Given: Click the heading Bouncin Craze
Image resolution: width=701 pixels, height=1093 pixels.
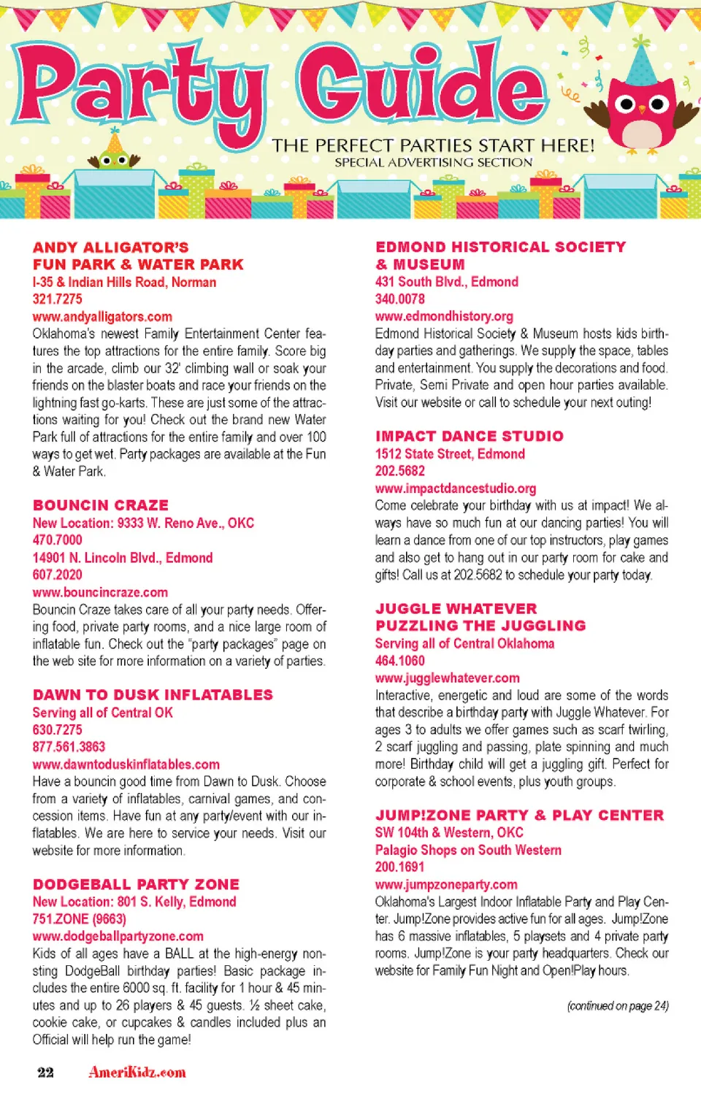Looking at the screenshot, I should (101, 505).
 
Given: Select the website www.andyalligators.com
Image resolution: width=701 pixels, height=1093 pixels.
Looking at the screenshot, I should (102, 316).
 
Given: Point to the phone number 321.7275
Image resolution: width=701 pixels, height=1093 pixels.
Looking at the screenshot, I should (57, 299).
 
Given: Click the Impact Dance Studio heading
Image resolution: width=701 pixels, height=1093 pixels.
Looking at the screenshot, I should (469, 436).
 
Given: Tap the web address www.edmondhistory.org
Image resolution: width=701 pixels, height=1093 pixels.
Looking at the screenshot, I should (444, 316).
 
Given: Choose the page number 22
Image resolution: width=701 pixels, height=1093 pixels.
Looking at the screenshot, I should (45, 1072).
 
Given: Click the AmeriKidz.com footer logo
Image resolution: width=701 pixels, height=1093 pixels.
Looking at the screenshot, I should (137, 1072).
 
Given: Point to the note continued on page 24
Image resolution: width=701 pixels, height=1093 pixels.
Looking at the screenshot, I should (618, 1005).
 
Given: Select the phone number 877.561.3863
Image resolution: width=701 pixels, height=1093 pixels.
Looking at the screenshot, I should (69, 746).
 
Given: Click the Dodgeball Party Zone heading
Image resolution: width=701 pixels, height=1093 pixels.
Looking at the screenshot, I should (136, 884).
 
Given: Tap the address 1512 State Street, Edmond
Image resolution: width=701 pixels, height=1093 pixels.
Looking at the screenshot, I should (450, 453).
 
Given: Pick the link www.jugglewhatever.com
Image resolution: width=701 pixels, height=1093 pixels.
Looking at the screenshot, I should (447, 678).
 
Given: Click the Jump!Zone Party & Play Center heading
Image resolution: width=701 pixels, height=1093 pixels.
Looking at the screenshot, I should (519, 815).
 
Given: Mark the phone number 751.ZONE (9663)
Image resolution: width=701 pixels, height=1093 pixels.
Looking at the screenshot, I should (79, 918).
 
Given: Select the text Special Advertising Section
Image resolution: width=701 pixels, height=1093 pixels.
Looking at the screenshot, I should (434, 163).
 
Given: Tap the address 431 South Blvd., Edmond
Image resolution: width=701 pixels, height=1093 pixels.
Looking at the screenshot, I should (446, 282).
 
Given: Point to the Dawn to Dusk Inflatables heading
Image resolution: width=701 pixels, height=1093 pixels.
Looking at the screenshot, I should (153, 694).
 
